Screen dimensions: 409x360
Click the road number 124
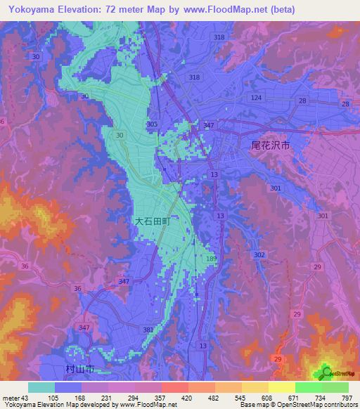pyautogui.click(x=257, y=97)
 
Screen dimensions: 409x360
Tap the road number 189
pyautogui.click(x=211, y=259)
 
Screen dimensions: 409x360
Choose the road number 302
pyautogui.click(x=259, y=255)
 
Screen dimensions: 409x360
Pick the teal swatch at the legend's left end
pyautogui.click(x=41, y=388)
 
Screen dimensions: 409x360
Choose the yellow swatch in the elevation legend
pyautogui.click(x=281, y=388)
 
